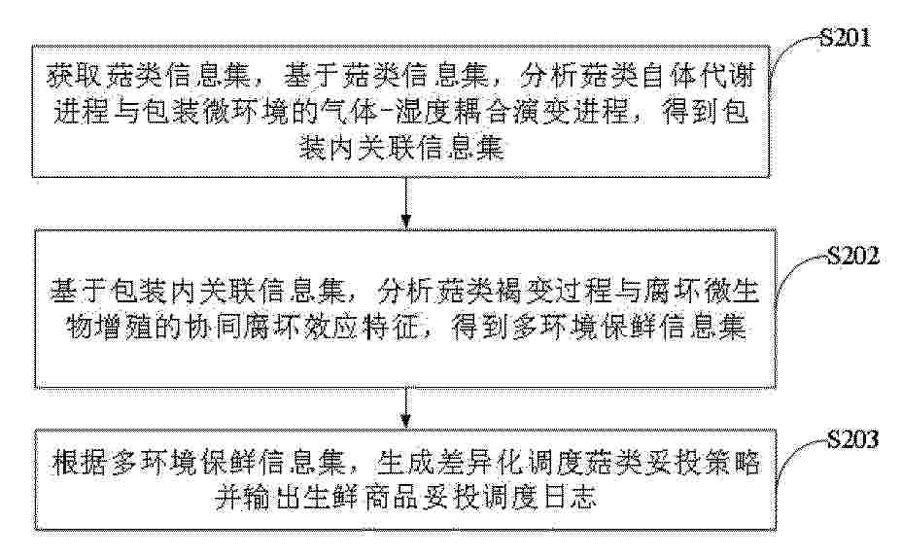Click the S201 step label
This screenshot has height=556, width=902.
(x=845, y=38)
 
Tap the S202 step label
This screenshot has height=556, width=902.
(x=853, y=256)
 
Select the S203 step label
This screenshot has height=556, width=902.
(x=853, y=439)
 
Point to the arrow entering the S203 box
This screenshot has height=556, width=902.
(x=406, y=408)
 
